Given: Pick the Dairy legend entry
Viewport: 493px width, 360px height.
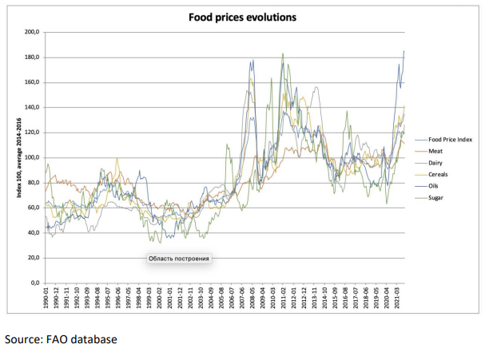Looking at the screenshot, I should pos(439,162).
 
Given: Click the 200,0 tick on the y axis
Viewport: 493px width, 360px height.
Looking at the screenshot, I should pos(32,32).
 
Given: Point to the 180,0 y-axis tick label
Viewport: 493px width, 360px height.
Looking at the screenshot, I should pos(32,57).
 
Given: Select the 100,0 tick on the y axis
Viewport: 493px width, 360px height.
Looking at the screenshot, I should pos(32,157).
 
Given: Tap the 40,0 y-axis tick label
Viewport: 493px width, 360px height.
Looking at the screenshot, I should pos(33,233).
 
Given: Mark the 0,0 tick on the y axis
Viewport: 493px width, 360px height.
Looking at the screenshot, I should pos(34,283).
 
